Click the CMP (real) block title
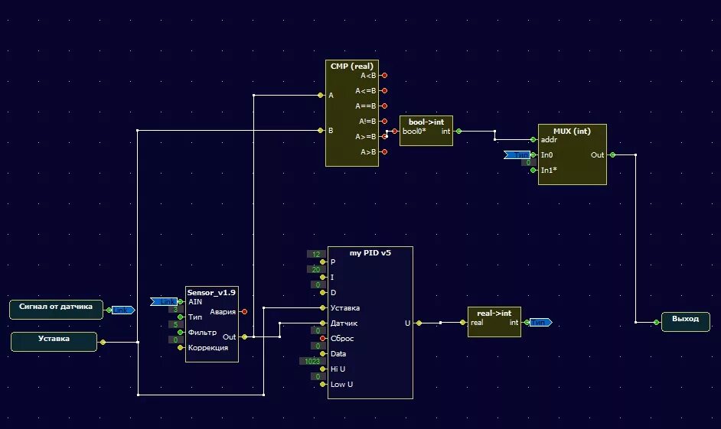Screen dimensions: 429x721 point(351,67)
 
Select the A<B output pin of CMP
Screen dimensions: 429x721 point(384,75)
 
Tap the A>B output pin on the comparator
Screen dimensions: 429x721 point(384,152)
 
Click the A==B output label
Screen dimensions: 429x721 point(366,106)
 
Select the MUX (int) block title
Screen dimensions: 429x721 point(572,129)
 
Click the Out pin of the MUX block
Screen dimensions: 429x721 point(612,154)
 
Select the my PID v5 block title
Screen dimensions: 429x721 point(370,252)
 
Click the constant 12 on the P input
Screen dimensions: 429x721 point(316,254)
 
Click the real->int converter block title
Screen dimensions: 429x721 point(494,312)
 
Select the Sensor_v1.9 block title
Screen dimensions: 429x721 point(211,291)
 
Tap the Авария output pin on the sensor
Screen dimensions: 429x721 point(244,311)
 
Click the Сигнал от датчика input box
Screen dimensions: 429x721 point(56,308)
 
